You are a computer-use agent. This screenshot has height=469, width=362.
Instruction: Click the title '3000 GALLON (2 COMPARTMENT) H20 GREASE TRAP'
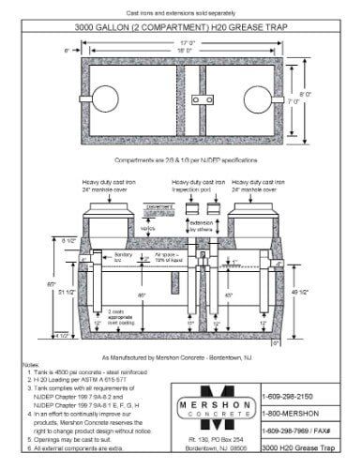point(181,28)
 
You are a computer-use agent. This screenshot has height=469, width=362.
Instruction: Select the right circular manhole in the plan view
point(256,96)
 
